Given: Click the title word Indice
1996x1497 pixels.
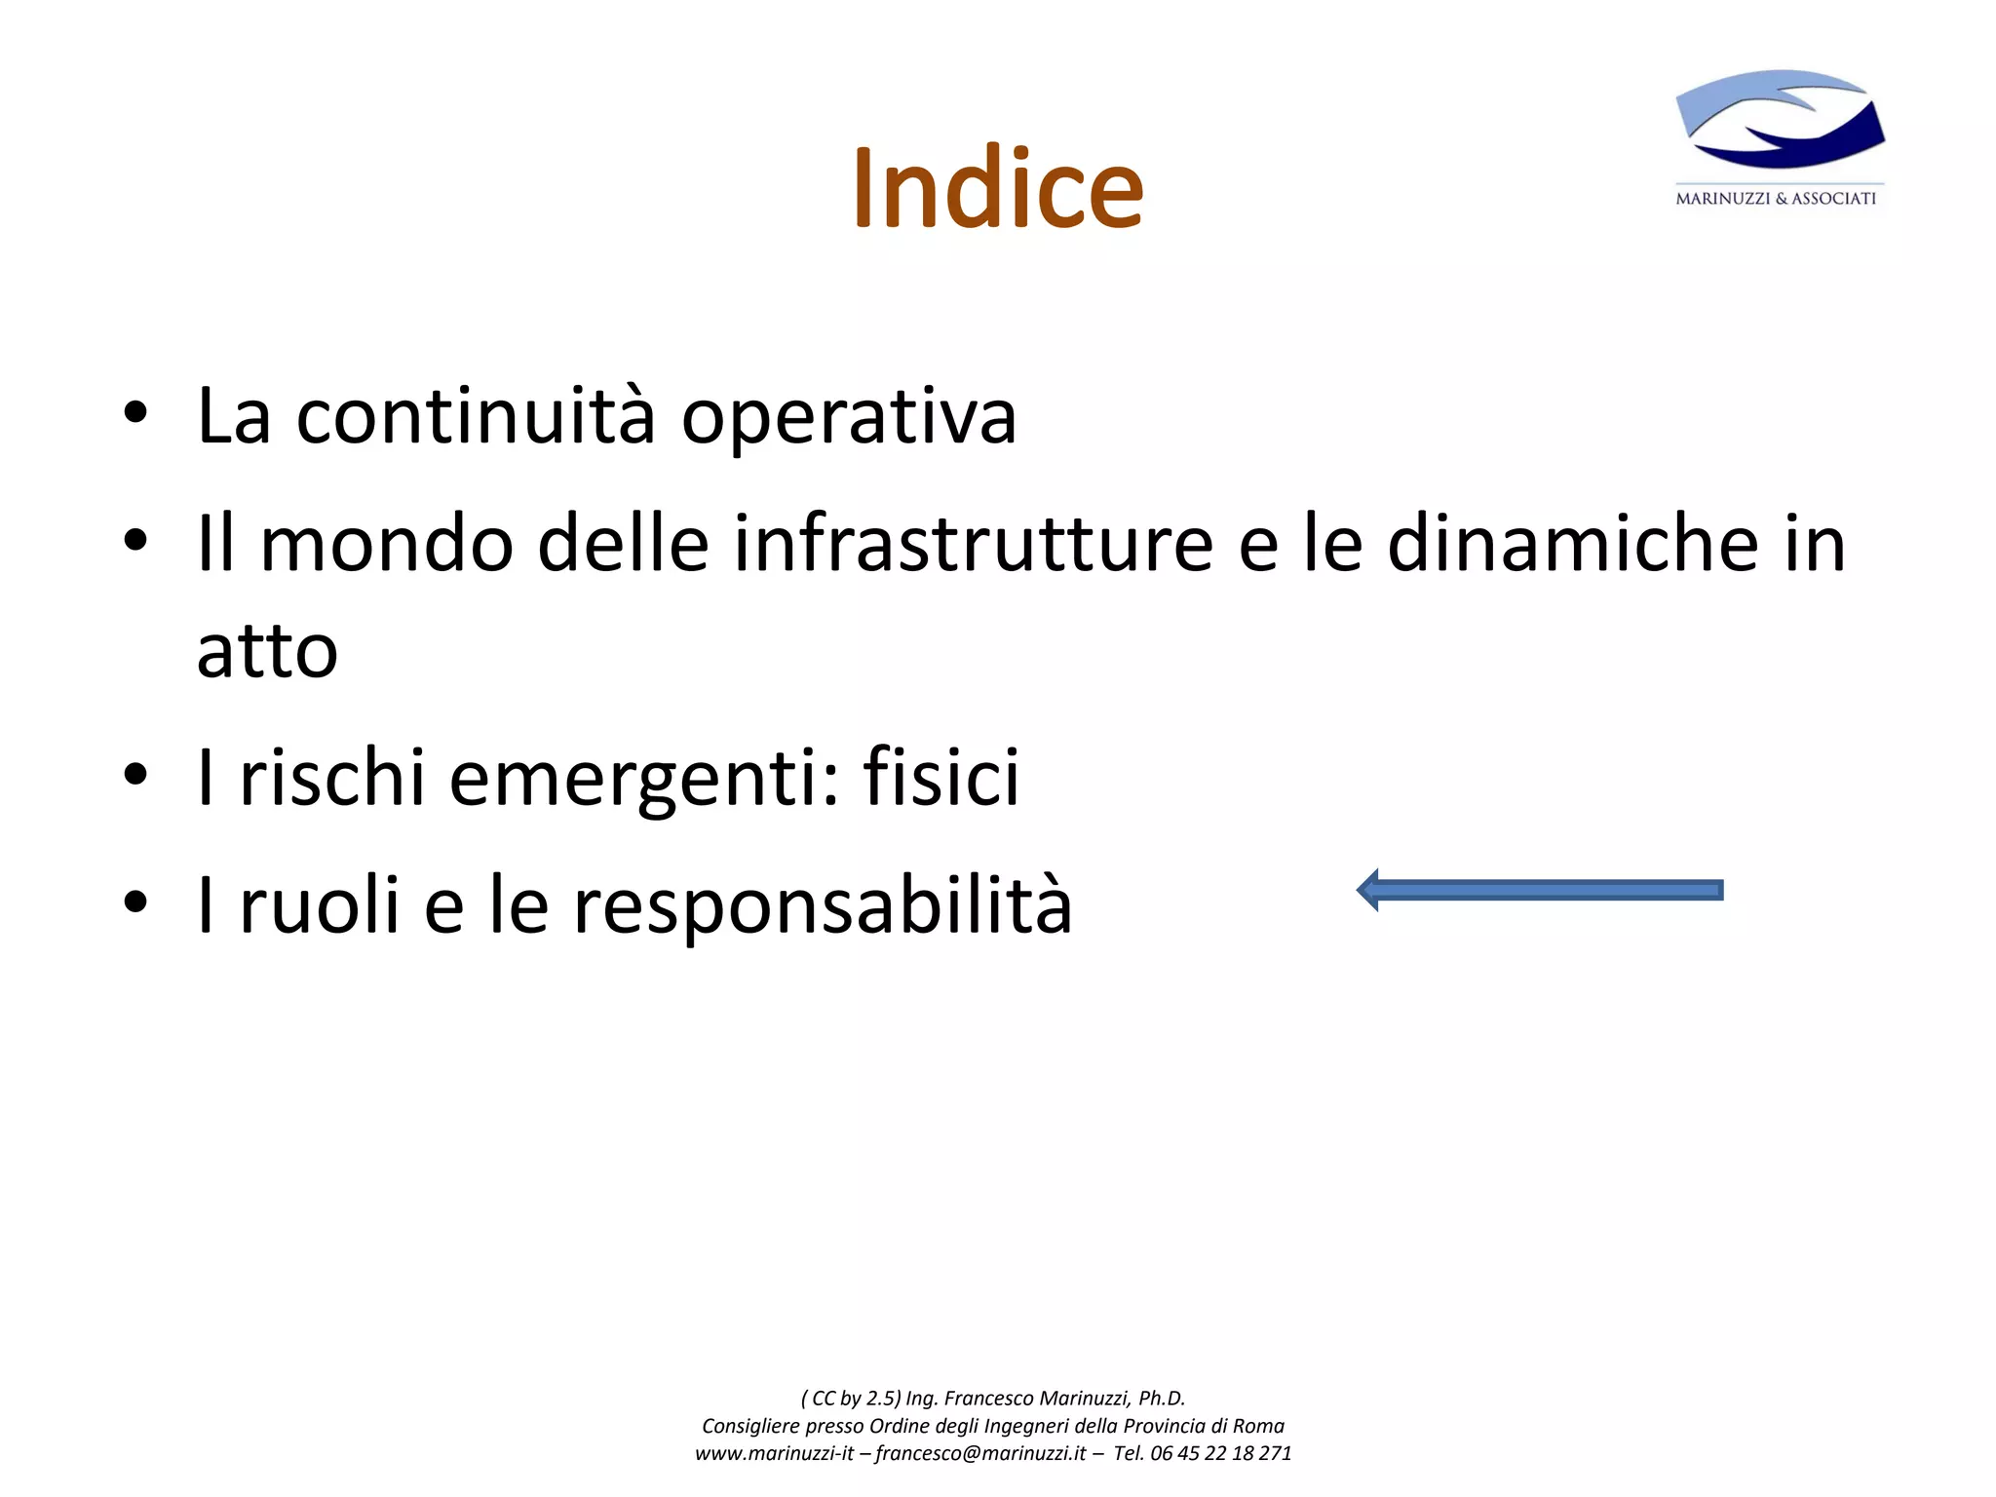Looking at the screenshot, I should click(997, 189).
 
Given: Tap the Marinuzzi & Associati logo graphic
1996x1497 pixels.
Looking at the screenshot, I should click(1780, 120).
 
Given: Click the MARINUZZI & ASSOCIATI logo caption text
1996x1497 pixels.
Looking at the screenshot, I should click(1775, 199).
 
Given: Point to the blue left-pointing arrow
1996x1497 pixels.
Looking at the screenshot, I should click(1540, 890).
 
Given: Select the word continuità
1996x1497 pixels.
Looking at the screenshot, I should click(475, 416).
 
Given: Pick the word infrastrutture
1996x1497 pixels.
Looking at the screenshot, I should click(973, 543).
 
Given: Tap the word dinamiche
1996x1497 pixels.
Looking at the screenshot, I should click(1572, 543).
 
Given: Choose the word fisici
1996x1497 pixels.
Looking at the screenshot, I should click(940, 777).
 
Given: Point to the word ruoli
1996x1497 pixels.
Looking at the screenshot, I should click(320, 904).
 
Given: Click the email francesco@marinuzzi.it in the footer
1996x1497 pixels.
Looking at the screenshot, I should click(980, 1453).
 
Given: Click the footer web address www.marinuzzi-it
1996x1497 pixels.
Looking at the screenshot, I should click(774, 1453).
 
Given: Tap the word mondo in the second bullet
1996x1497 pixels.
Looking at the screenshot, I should click(386, 543).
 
